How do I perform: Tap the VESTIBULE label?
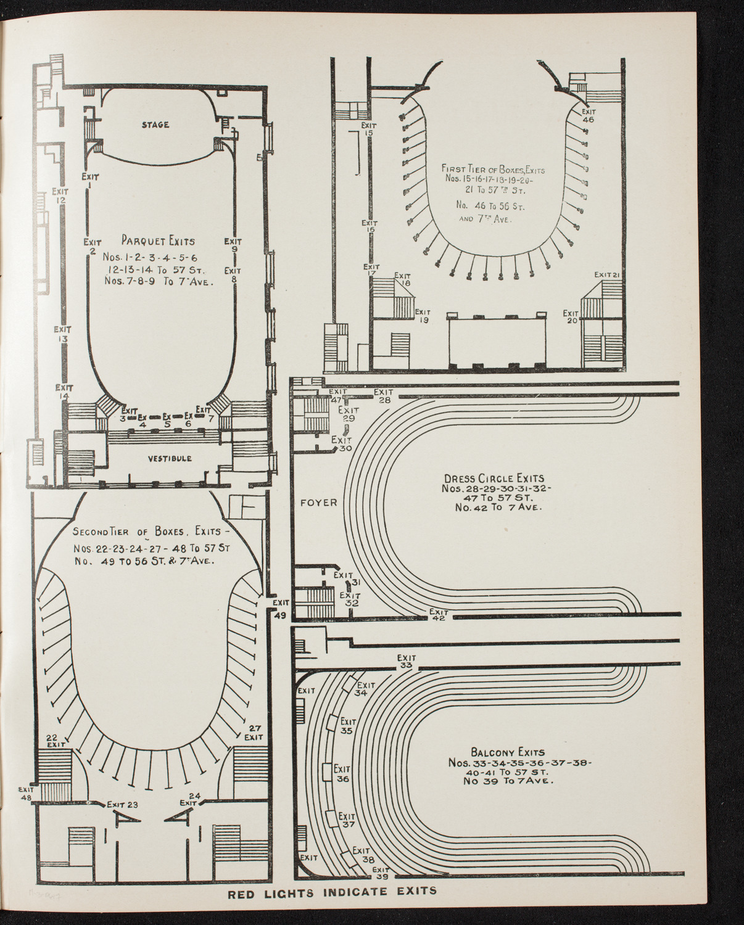click(x=169, y=459)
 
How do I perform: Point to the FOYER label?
click(x=319, y=503)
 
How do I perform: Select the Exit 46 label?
click(x=588, y=116)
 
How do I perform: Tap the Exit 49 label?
click(x=281, y=607)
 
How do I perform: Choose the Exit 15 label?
click(x=370, y=129)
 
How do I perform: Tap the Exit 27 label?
click(x=254, y=732)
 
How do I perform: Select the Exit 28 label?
click(x=383, y=396)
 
